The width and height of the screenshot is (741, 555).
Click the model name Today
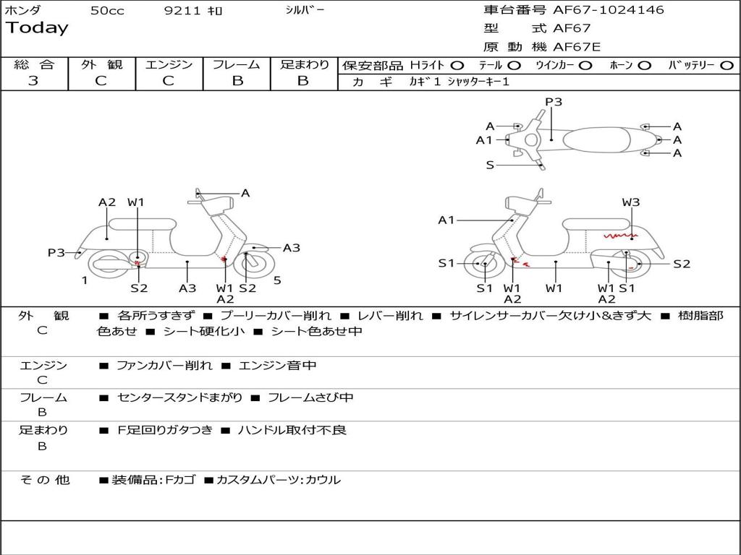coord(37,28)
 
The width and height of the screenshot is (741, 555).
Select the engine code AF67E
coord(577,48)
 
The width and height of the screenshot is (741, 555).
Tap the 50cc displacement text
coord(107,11)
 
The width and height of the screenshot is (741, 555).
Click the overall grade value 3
coord(33,81)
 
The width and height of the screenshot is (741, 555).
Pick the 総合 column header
coord(34,65)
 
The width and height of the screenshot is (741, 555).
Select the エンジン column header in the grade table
coord(169,65)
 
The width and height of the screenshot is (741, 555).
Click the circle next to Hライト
coord(457,66)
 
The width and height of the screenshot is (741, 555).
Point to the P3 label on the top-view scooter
coord(554,102)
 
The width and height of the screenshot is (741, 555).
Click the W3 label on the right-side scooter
coord(631,202)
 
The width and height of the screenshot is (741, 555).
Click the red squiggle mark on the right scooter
coord(619,236)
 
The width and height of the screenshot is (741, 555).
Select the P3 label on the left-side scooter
coord(56,252)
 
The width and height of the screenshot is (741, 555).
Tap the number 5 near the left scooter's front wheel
coord(277,280)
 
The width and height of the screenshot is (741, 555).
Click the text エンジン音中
coord(277,366)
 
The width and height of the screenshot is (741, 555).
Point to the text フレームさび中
coord(310,397)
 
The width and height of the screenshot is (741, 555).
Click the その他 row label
coord(45,480)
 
